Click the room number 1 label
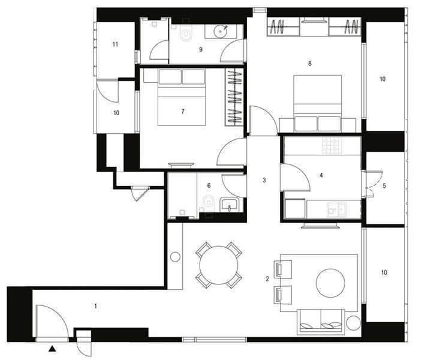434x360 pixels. pyautogui.click(x=96, y=306)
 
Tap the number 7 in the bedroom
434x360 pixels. pyautogui.click(x=182, y=111)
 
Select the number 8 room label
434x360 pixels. pyautogui.click(x=309, y=62)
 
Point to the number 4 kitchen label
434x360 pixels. pyautogui.click(x=322, y=175)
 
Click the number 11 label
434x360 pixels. pyautogui.click(x=114, y=44)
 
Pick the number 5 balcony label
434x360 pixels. pyautogui.click(x=384, y=185)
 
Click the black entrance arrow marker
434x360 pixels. pyautogui.click(x=53, y=348)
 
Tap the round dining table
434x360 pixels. pyautogui.click(x=218, y=265)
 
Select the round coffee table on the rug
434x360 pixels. pyautogui.click(x=330, y=280)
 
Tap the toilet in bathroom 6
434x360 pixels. pyautogui.click(x=208, y=202)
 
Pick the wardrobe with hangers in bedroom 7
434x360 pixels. pyautogui.click(x=234, y=97)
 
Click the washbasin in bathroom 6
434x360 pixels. pyautogui.click(x=230, y=206)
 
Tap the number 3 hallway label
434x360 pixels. pyautogui.click(x=263, y=180)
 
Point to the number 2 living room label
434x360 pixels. pyautogui.click(x=267, y=278)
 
